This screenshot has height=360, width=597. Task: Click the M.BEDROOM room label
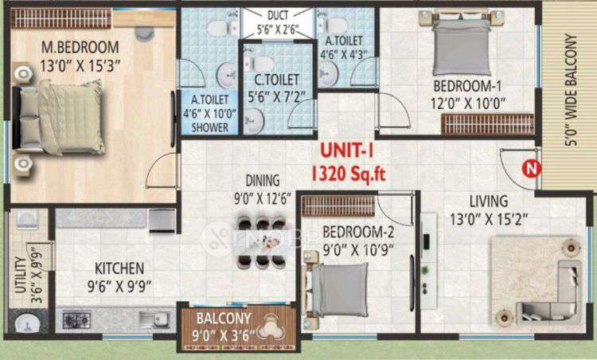[80, 46]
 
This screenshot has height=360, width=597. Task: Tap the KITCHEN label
[120, 268]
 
